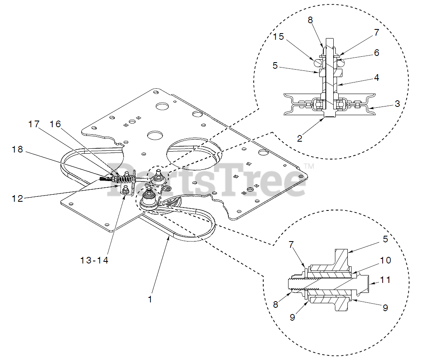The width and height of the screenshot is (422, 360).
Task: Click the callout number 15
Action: coord(278,37)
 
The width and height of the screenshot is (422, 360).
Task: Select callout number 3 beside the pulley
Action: coord(397,103)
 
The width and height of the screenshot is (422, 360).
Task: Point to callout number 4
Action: coord(376,77)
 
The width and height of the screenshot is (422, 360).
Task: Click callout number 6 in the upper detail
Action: coord(376,53)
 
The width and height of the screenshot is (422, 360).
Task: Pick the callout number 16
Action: coord(55,124)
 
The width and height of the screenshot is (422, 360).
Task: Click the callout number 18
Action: coord(17,150)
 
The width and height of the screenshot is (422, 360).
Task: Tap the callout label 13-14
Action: coord(94,260)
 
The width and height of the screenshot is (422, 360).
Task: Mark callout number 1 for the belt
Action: coord(150,299)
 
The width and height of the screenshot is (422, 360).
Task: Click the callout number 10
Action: coord(386,261)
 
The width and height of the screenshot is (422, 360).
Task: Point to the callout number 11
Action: coord(386,280)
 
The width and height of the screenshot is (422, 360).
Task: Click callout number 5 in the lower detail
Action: coord(386,239)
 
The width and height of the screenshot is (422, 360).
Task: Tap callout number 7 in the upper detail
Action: coord(376,32)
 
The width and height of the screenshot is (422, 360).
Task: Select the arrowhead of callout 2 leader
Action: coord(323,120)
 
